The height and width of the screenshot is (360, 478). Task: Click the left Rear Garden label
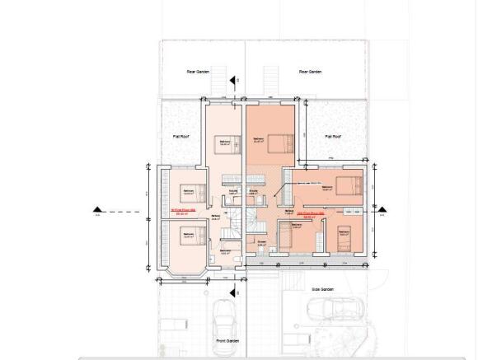[197, 72]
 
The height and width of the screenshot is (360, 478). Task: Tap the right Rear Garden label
[308, 72]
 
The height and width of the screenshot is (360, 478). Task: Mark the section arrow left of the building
[98, 211]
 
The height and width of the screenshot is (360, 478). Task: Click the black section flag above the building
[234, 81]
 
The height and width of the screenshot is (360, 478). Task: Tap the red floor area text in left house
[179, 211]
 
